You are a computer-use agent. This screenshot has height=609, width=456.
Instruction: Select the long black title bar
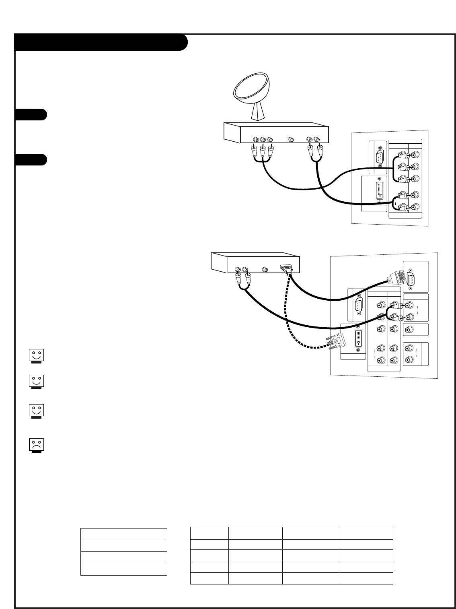coord(101,42)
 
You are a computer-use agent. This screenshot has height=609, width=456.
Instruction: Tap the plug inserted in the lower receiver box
coord(288,269)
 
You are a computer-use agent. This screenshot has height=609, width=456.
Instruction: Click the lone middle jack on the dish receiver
coord(291,140)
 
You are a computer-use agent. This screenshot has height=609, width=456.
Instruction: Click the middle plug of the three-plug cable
coord(263,151)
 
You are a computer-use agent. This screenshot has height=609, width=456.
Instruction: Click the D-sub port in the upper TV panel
coord(379,157)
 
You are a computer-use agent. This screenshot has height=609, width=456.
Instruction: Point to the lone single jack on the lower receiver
coord(265,270)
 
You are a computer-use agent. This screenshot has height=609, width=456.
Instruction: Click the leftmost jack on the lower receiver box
coord(238,270)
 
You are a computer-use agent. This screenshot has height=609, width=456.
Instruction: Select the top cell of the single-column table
coord(123,534)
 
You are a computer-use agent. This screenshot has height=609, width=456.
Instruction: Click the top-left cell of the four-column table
coord(209,533)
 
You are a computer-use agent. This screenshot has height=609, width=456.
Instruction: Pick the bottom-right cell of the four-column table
coord(365,578)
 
